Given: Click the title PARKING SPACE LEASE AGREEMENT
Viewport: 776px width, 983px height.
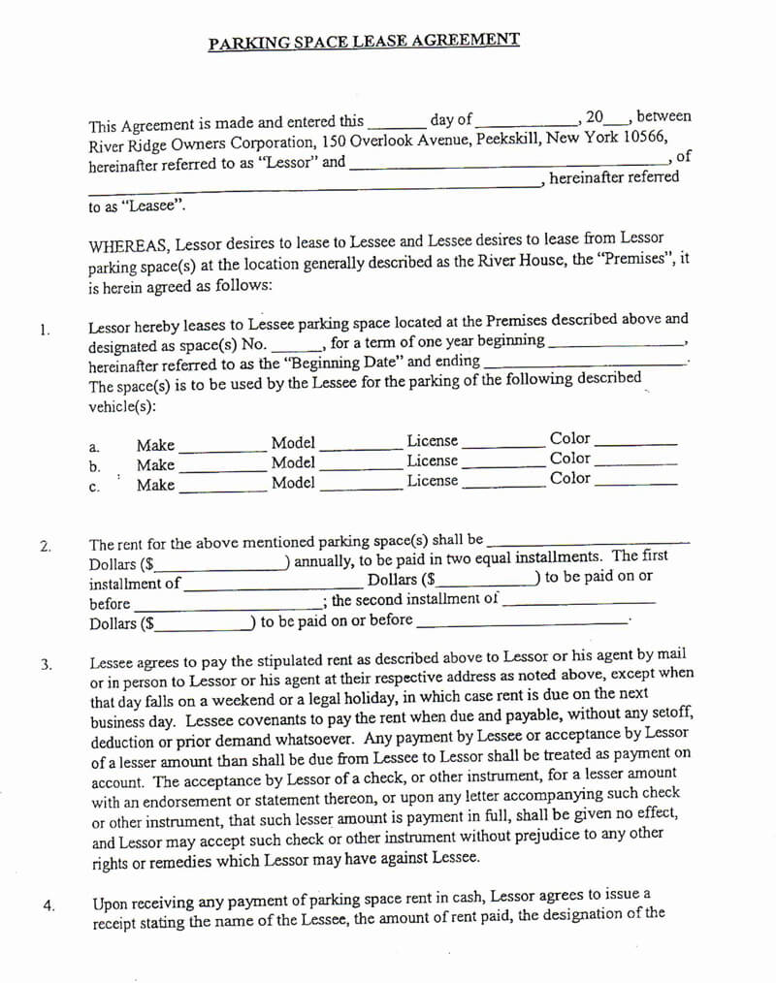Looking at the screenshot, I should [364, 42].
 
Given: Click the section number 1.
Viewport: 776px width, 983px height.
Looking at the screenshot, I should [45, 330].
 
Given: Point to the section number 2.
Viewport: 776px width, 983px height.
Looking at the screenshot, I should [46, 546].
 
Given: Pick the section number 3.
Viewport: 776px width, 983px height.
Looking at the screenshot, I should [46, 664].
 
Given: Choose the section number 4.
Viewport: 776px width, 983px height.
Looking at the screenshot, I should [48, 905].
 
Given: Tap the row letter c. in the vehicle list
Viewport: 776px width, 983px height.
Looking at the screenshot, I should [94, 488].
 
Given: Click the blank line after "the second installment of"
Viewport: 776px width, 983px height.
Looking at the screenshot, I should [579, 603].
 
